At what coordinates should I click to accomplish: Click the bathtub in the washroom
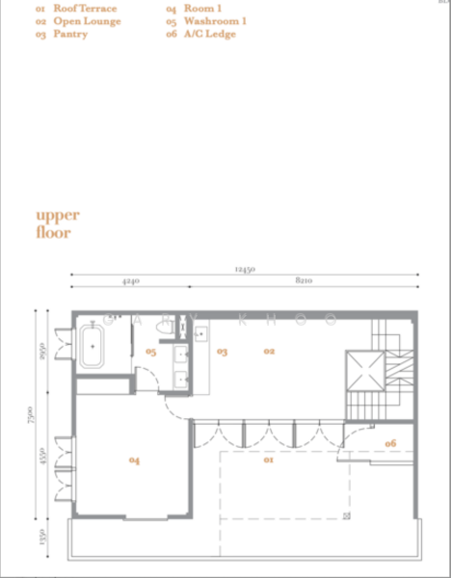click(93, 347)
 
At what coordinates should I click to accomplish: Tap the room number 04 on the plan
click(134, 461)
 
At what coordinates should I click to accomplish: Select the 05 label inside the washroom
click(150, 353)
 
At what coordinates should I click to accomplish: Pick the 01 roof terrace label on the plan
click(269, 460)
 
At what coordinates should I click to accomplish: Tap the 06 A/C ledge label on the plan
click(390, 443)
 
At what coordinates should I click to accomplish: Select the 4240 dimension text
click(131, 282)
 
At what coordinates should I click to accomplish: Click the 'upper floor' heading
click(58, 223)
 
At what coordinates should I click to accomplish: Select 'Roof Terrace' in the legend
click(85, 9)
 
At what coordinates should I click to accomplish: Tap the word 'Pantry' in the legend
click(70, 34)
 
